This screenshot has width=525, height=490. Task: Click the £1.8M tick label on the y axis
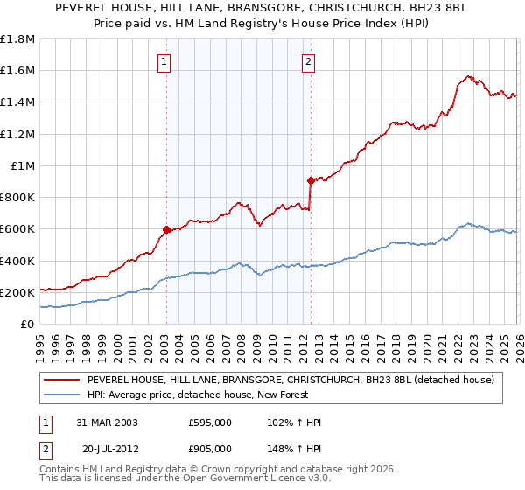(x=17, y=39)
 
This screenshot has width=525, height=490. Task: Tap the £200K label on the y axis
(x=17, y=292)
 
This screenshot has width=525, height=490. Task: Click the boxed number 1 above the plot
(x=165, y=61)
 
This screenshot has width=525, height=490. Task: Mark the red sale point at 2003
(x=166, y=230)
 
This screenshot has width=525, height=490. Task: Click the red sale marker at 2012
(x=311, y=180)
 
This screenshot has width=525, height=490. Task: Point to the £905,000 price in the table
(x=209, y=448)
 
